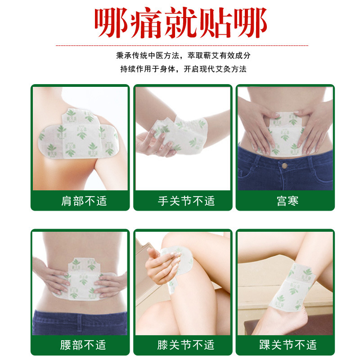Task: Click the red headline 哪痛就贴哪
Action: [x=181, y=23]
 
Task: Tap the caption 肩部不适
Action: [x=84, y=201]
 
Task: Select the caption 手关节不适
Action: [x=186, y=201]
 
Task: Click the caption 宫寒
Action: [x=288, y=201]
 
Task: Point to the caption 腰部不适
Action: [x=83, y=345]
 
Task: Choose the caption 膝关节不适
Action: [x=186, y=345]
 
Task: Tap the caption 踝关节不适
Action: [x=288, y=345]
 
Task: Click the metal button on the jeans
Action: [x=284, y=165]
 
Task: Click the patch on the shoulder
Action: [x=78, y=134]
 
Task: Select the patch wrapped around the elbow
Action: [x=181, y=135]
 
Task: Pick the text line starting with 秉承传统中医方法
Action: [x=183, y=55]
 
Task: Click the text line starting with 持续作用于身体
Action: [x=183, y=69]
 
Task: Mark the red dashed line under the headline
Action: [x=182, y=45]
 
